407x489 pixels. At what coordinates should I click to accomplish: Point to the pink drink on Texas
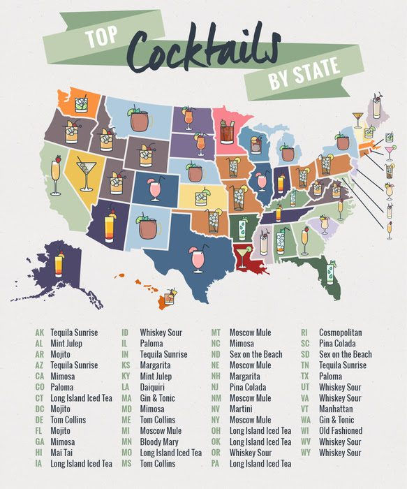(198, 260)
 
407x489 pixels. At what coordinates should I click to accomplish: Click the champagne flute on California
(56, 175)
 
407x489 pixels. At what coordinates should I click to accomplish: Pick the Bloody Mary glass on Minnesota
(228, 131)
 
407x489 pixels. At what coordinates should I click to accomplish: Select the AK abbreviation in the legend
(39, 333)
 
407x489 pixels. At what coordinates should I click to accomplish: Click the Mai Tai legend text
(64, 452)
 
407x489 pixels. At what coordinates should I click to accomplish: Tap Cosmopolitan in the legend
(346, 333)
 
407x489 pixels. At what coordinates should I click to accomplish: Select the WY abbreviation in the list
(305, 452)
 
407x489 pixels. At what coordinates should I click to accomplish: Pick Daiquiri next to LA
(155, 387)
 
